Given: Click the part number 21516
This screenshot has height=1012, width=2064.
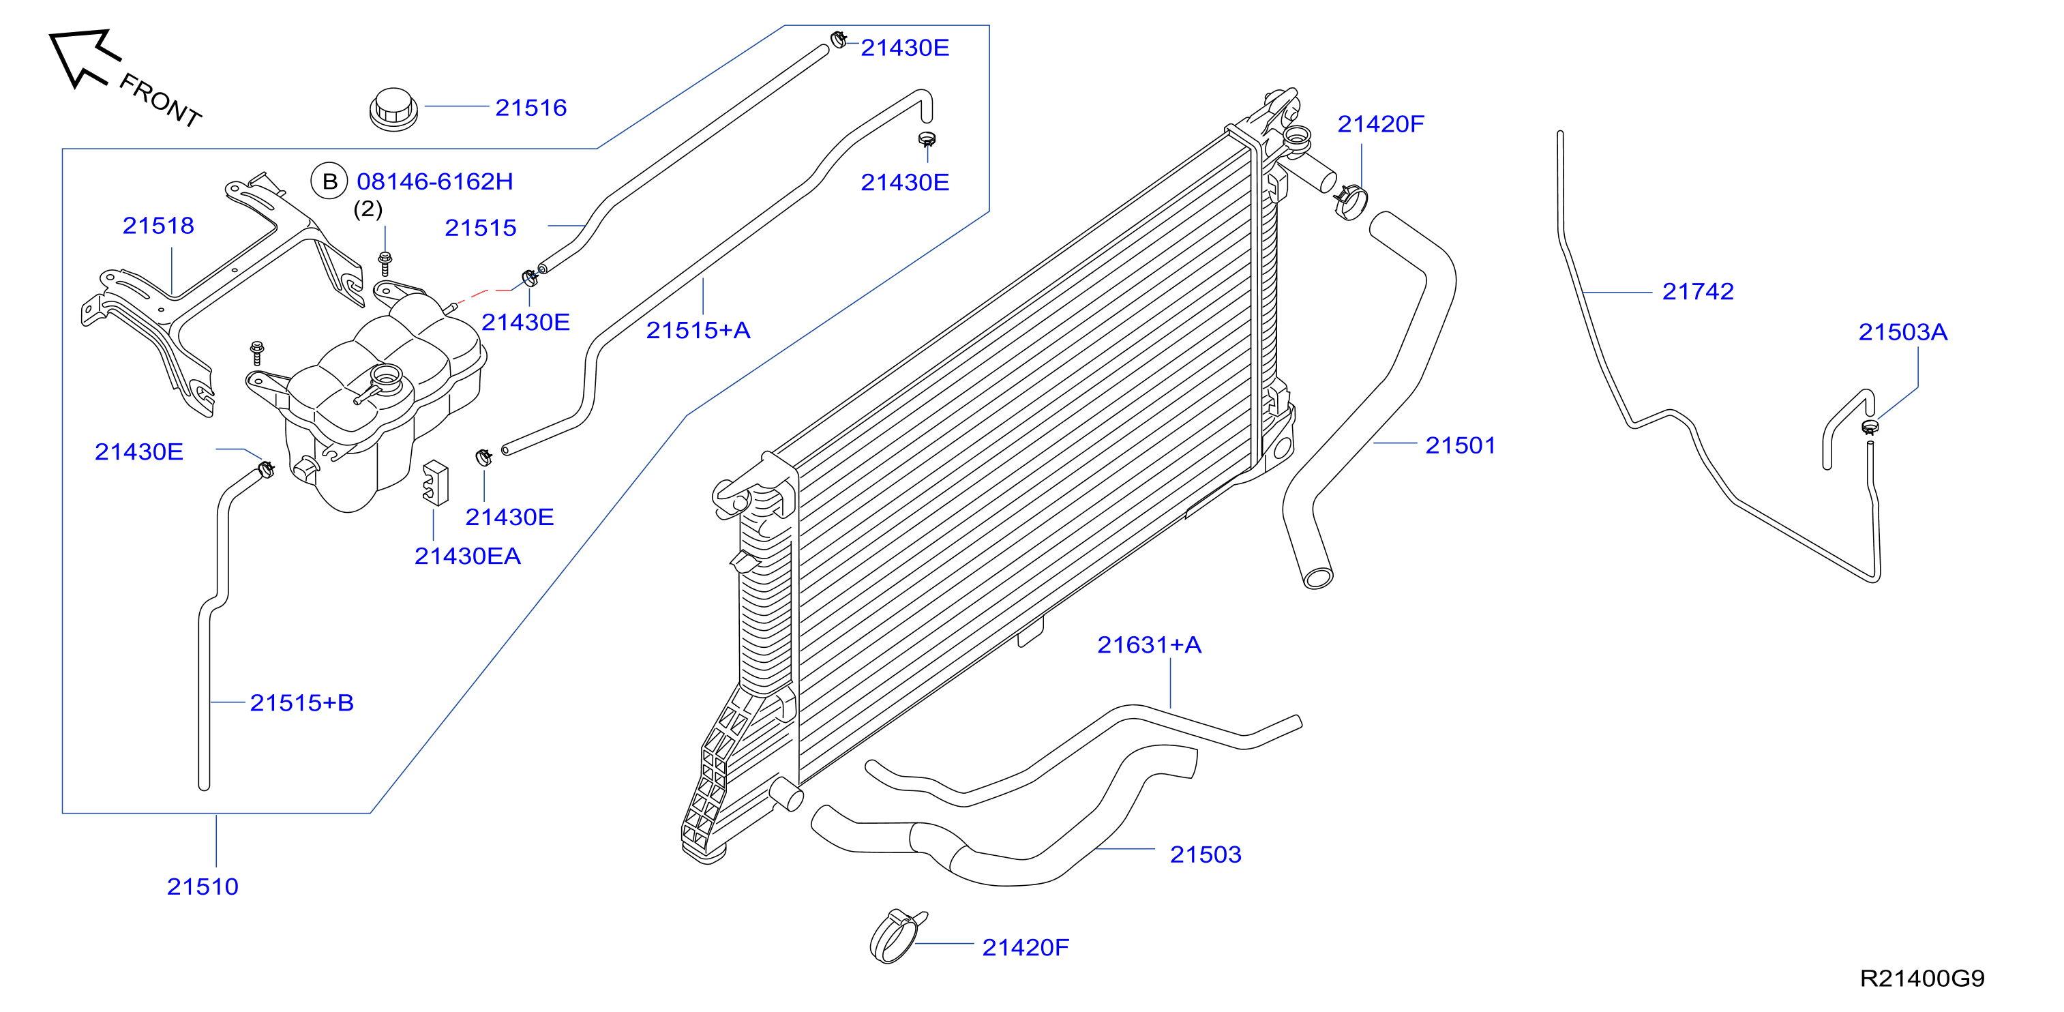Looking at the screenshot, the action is click(x=530, y=107).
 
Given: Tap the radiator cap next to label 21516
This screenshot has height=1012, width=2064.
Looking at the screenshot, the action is click(x=393, y=110).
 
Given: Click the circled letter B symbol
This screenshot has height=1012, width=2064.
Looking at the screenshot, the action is click(x=329, y=181).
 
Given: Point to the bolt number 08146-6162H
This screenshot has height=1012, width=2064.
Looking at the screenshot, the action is click(x=435, y=181).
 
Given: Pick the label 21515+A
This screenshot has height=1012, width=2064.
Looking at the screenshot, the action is click(x=698, y=330).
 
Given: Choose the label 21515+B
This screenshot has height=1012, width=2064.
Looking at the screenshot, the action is click(x=301, y=702).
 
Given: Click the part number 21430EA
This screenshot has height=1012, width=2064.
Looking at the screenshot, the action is click(x=467, y=556).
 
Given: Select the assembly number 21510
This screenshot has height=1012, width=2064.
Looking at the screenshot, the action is click(x=203, y=887).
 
